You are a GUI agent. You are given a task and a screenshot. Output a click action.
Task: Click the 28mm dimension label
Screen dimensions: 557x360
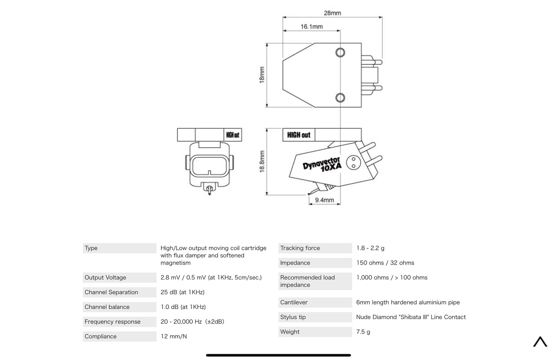332,13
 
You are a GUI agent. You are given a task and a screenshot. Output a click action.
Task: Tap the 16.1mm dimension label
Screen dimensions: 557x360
312,27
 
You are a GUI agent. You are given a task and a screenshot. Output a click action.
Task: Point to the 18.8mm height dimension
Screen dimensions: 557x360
262,162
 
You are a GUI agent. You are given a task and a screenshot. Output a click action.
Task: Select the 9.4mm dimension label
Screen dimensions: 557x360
324,200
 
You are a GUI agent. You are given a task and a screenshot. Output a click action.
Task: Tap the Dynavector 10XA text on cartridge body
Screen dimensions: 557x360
322,164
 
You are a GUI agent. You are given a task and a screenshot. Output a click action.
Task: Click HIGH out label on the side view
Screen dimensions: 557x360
299,135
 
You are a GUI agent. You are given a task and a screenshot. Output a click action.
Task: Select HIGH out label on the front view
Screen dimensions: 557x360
232,135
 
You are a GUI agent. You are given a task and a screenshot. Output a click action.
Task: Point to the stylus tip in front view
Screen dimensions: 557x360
209,194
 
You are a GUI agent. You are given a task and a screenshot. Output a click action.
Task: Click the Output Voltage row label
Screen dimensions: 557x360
105,278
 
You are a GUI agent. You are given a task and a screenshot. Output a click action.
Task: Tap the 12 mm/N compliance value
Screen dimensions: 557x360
173,337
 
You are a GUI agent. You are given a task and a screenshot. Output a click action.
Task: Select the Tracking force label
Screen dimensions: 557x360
300,248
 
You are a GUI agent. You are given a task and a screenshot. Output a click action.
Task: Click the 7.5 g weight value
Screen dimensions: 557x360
363,332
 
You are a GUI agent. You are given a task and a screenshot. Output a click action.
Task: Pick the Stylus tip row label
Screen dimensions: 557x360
293,317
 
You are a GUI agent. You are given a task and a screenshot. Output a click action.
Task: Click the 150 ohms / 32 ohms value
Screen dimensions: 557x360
385,263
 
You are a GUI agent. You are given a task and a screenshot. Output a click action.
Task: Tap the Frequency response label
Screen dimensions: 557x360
113,322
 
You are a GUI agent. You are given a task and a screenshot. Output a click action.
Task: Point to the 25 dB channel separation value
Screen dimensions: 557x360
182,292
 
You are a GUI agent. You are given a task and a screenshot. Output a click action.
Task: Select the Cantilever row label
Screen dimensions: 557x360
294,302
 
